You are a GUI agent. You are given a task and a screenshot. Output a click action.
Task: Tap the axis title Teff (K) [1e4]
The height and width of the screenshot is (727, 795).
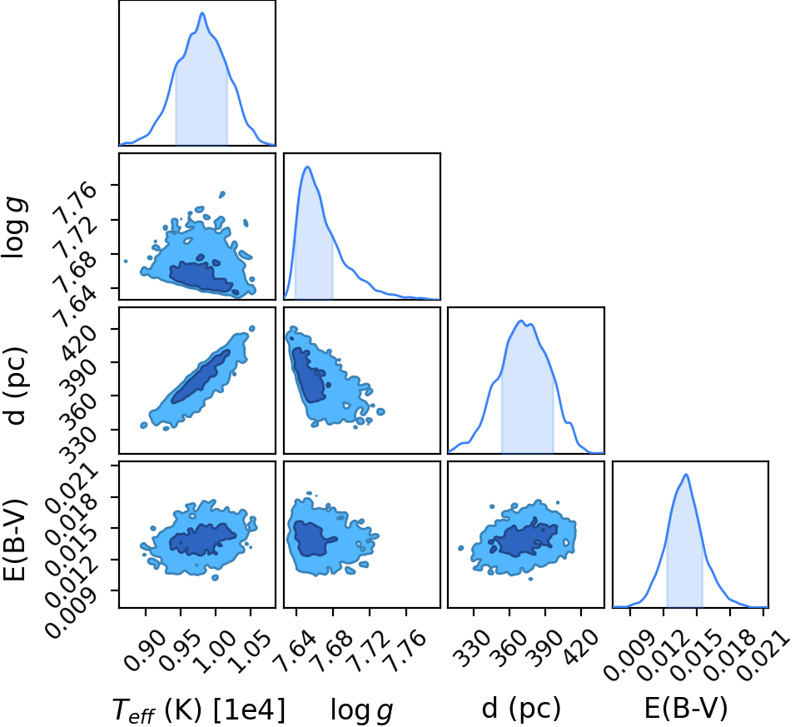(199, 710)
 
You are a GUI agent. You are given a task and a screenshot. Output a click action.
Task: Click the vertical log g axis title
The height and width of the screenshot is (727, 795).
(14, 228)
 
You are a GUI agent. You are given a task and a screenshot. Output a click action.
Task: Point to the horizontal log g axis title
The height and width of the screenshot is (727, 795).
(362, 710)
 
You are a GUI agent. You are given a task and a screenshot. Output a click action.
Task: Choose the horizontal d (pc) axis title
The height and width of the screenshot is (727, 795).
(521, 707)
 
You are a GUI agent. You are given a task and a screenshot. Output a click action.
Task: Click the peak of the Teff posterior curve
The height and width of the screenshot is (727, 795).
(202, 12)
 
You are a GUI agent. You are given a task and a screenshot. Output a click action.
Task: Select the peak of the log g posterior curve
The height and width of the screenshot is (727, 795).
(307, 167)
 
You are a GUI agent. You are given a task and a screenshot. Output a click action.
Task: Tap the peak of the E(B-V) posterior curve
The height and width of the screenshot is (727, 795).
(686, 475)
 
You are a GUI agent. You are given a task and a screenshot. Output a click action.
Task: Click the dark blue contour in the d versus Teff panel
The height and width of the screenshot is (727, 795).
(201, 376)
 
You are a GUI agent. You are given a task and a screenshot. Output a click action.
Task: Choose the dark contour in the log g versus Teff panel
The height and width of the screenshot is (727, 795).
(201, 277)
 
